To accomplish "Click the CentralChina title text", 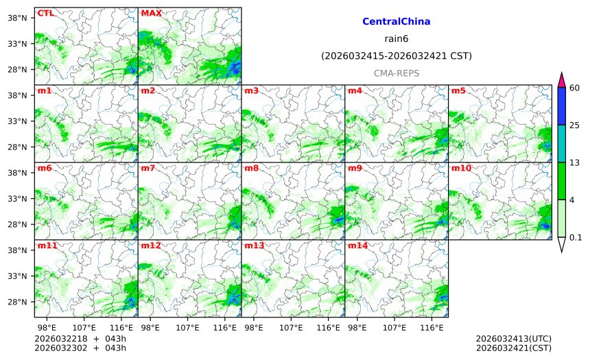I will (x=396, y=22).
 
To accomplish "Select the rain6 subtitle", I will (x=396, y=38).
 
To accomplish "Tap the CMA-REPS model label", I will (x=396, y=73).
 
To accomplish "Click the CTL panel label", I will (x=45, y=13).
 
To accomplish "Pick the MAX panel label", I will (x=151, y=13).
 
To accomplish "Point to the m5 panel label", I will (x=458, y=91).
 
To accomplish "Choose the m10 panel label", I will (x=460, y=168).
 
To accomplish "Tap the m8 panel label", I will (x=251, y=168).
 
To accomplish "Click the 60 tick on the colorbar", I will (x=575, y=88).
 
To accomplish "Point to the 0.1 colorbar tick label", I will (x=576, y=238).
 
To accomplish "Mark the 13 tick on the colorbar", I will (x=575, y=163).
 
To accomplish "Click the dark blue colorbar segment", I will (x=561, y=106).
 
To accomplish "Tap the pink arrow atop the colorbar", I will (x=561, y=80).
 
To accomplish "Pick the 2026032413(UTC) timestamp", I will (x=513, y=339).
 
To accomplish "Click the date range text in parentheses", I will (x=396, y=56).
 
